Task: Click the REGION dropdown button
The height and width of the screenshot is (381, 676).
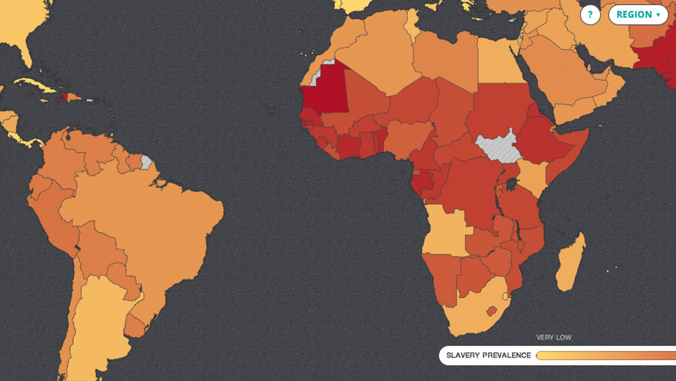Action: tap(638, 15)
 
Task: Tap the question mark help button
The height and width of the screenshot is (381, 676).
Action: tap(590, 15)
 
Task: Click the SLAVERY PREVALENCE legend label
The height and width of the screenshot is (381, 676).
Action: tap(489, 355)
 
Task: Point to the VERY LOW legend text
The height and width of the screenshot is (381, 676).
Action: tap(553, 338)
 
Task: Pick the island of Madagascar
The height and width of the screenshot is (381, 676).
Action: tap(570, 265)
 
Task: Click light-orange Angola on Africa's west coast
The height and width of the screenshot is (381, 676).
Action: tap(444, 230)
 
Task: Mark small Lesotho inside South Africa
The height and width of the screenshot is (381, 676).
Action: tap(492, 311)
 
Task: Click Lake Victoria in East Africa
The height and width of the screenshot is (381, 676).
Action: tap(511, 185)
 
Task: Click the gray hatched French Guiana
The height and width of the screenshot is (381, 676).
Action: tap(146, 162)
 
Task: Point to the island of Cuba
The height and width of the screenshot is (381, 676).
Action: tap(34, 85)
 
